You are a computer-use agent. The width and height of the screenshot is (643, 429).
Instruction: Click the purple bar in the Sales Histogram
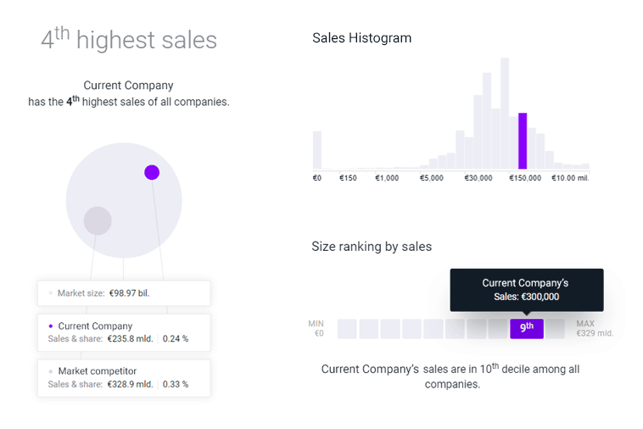[523, 141]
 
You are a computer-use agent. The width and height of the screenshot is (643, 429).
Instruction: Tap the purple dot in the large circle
[152, 172]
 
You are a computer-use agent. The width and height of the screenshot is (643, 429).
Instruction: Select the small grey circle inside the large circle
[98, 220]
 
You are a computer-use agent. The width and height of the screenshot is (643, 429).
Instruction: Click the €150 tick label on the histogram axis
[348, 178]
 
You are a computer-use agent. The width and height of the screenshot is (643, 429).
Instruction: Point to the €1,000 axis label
[387, 178]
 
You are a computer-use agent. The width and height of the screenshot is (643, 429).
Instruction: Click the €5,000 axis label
[431, 178]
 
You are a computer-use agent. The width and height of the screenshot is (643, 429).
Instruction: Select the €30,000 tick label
[478, 178]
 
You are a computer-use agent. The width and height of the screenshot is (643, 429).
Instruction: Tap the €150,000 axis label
[524, 178]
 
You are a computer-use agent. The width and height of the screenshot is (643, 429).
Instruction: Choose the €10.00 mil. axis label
[570, 178]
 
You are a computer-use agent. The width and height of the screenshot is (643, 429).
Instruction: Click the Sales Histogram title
[361, 38]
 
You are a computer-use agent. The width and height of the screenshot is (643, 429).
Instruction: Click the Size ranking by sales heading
[372, 247]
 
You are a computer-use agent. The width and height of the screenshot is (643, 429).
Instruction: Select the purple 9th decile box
[527, 328]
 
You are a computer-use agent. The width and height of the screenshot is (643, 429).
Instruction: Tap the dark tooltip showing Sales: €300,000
[526, 289]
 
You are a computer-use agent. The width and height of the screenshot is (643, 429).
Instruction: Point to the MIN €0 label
[316, 328]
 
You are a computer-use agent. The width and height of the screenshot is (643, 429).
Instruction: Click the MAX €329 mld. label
[594, 328]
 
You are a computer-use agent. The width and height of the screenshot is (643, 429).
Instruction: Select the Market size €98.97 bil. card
[124, 293]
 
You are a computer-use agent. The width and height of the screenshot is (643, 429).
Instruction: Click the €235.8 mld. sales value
[130, 339]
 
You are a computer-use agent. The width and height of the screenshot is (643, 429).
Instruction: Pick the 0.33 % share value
[176, 384]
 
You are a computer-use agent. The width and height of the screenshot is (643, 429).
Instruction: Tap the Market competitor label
[98, 370]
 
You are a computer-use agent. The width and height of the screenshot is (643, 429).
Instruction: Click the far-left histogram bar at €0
[317, 150]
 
